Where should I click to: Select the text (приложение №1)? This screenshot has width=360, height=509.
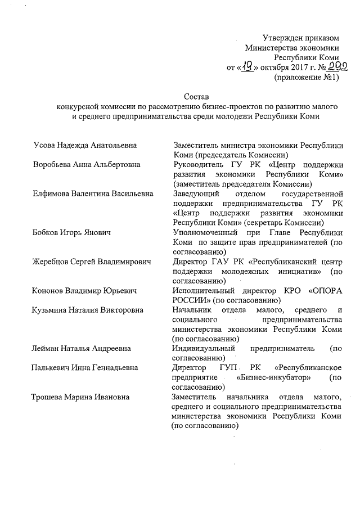coord(306,78)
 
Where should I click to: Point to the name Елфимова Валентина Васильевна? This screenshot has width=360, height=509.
coord(93,193)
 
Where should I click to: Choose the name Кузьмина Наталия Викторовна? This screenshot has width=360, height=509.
coord(88,310)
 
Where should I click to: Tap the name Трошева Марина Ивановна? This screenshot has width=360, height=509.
coord(80,397)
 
